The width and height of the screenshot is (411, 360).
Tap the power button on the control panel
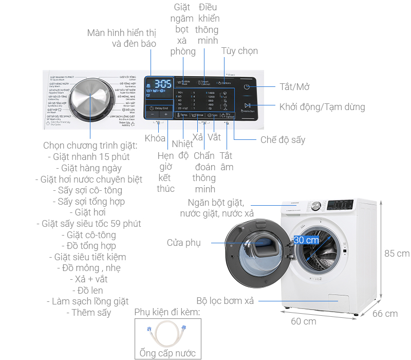point(247,87)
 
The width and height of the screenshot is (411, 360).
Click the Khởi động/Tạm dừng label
point(322,107)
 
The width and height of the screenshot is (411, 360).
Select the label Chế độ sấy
point(283,139)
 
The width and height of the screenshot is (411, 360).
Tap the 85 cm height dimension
point(397,253)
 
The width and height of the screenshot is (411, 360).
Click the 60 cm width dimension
point(303,321)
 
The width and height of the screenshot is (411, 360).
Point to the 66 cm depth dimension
point(385,313)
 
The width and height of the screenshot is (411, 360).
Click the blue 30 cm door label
point(306,240)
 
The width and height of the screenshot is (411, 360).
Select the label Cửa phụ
point(183,243)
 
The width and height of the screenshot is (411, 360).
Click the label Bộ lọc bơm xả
point(225,300)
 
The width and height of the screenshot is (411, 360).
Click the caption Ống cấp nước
point(167,353)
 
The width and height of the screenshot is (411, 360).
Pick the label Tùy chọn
point(239,51)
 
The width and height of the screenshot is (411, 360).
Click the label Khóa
point(155,138)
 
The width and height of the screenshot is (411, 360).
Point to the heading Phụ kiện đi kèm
point(167,312)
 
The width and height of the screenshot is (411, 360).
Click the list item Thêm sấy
point(91,312)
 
